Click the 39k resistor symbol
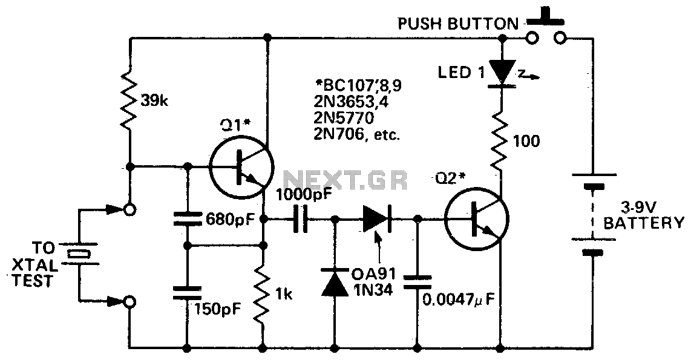(x=130, y=100)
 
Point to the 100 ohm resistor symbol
(x=502, y=140)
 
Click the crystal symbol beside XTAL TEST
(x=79, y=254)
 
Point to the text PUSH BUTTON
(x=457, y=25)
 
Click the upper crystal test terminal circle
(x=128, y=210)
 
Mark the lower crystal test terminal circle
(x=128, y=300)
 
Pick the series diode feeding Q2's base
(x=376, y=219)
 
